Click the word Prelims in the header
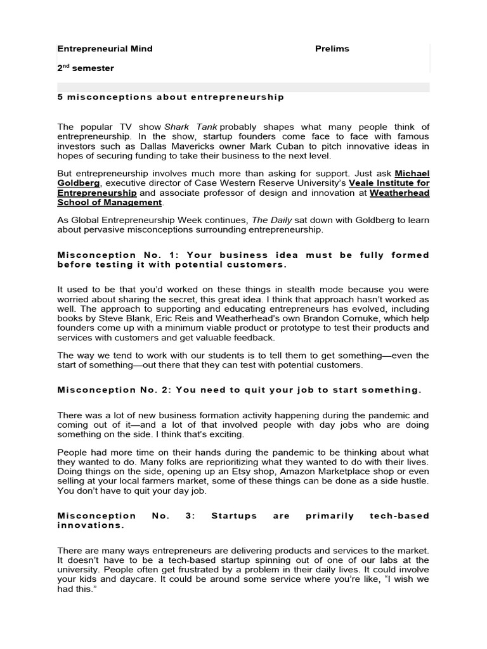pyautogui.click(x=332, y=49)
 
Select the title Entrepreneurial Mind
pyautogui.click(x=105, y=49)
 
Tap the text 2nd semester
pyautogui.click(x=86, y=68)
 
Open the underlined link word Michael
pyautogui.click(x=412, y=173)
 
